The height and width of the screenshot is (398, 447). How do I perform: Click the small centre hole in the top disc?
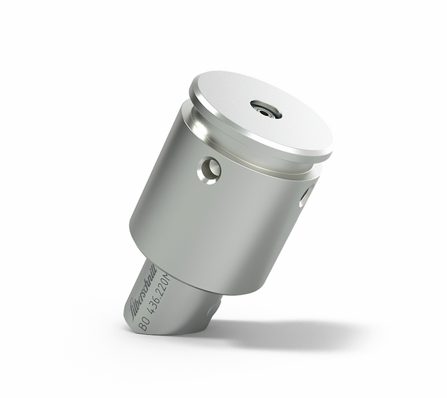(x=266, y=109)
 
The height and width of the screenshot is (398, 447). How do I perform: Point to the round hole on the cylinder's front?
(x=209, y=170)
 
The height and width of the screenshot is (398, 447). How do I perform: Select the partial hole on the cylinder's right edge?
(x=304, y=196)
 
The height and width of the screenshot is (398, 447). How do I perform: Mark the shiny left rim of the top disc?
(x=195, y=97)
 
